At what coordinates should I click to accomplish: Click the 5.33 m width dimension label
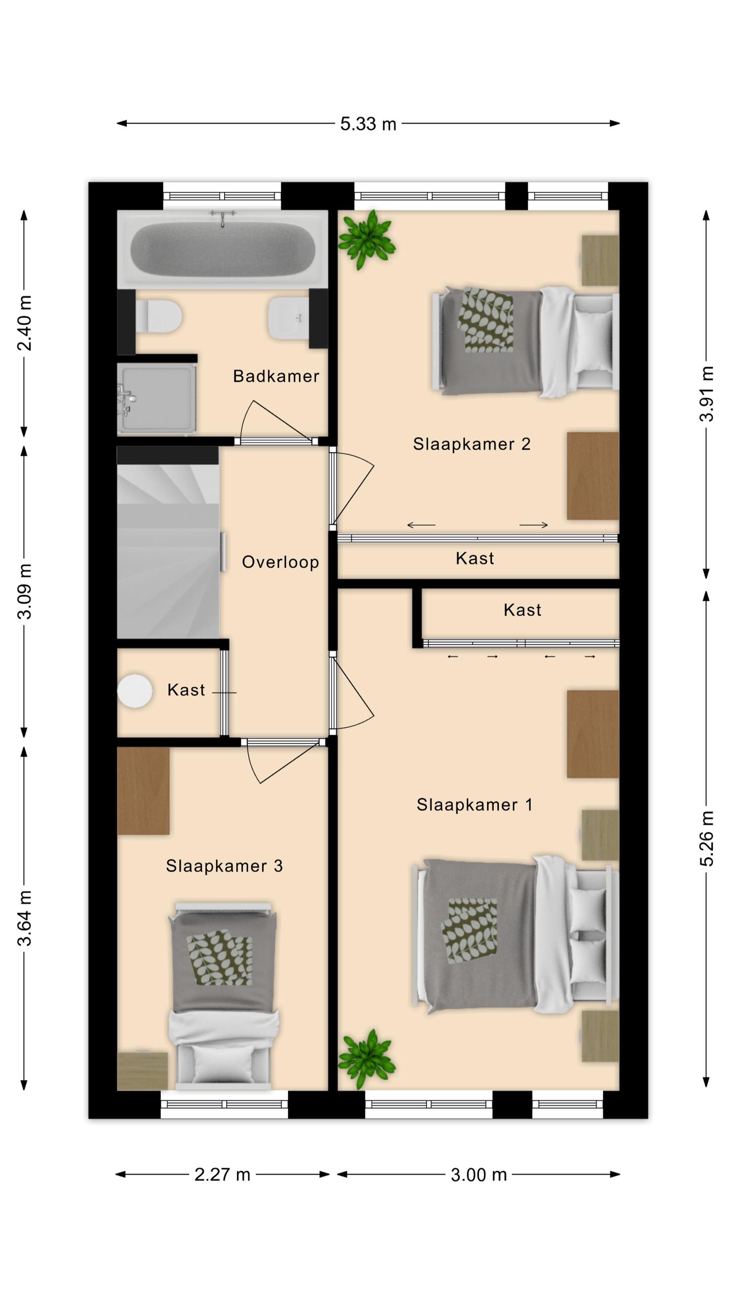pos(368,124)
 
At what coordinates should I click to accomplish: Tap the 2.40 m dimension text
pos(25,323)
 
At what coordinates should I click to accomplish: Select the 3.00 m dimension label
pos(479,1175)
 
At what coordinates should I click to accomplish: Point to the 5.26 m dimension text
pos(707,839)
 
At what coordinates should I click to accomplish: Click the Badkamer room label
pos(276,376)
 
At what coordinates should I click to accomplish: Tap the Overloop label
pos(280,562)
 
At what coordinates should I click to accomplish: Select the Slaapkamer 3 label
pos(224,866)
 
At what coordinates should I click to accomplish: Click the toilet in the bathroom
pos(159,316)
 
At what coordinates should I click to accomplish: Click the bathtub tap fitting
pos(223,218)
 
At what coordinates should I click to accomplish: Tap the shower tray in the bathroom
pos(157,399)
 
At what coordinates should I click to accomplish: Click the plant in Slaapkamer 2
pos(367,239)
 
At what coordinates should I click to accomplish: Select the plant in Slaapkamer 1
pos(367,1059)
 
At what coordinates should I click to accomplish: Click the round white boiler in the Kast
pos(134,691)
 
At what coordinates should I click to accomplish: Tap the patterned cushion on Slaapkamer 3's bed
pos(220,958)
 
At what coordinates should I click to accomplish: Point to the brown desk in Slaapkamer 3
pos(143,791)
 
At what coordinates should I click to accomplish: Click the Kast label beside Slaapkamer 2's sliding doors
pos(474,559)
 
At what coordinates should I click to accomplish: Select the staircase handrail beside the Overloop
pos(223,552)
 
